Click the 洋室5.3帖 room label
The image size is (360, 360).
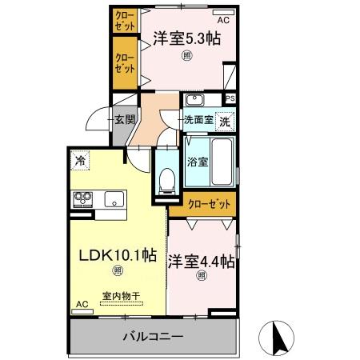[x=186, y=38]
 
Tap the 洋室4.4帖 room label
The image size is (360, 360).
[x=201, y=260]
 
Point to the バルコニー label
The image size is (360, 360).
[x=152, y=337]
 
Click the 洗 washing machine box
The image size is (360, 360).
[x=226, y=122]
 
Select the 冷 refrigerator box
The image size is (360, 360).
[x=80, y=160]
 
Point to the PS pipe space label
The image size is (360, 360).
[x=230, y=99]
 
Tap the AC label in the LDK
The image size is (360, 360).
[x=80, y=304]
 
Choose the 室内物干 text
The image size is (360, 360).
[x=121, y=296]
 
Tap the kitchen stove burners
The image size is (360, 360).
[x=83, y=199]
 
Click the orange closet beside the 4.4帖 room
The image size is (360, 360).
[x=210, y=204]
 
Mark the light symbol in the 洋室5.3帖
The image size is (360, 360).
[x=186, y=55]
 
